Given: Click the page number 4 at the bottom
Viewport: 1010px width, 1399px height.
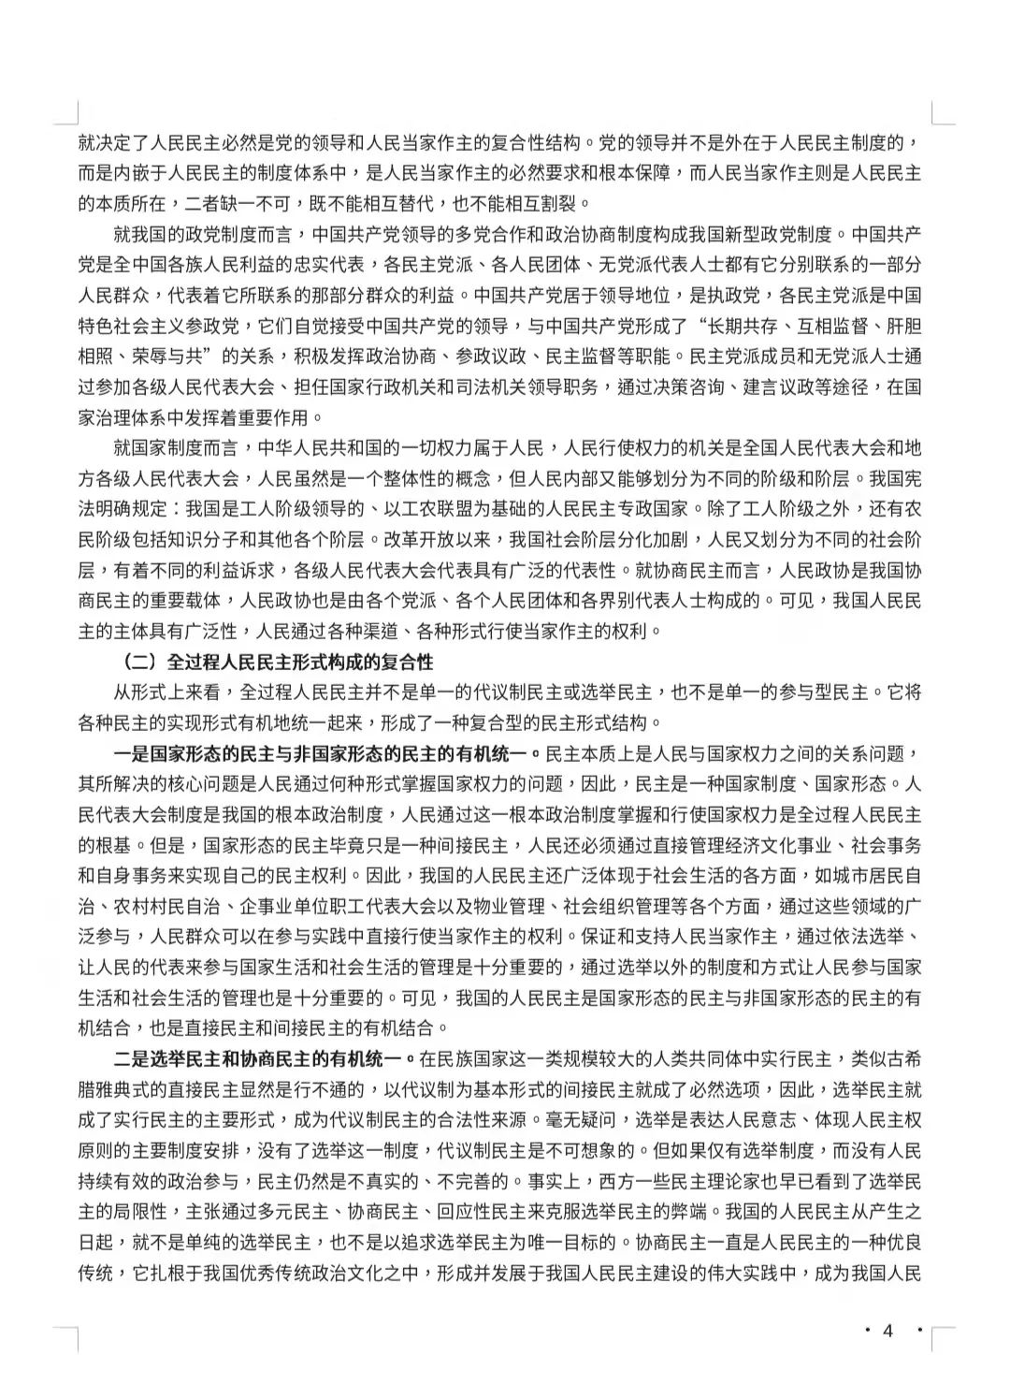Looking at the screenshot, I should pyautogui.click(x=888, y=1331).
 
